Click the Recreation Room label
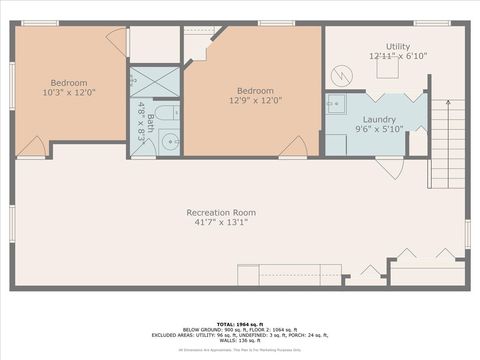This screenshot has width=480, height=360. [x=221, y=212]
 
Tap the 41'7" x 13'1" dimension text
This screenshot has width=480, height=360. [x=221, y=222]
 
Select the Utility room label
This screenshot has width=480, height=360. [x=398, y=46]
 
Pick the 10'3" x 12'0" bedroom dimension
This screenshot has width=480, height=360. [x=69, y=92]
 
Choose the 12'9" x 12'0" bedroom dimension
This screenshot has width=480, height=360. [x=255, y=100]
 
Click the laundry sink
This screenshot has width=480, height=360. [x=334, y=103]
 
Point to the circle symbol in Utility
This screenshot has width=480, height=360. [x=342, y=75]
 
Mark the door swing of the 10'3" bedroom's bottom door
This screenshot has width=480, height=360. [x=32, y=148]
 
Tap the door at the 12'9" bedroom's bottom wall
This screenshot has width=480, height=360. [x=293, y=147]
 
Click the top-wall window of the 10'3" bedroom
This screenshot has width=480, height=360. [x=40, y=23]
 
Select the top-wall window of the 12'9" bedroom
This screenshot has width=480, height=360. [x=275, y=23]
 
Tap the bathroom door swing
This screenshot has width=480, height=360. [x=142, y=150]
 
